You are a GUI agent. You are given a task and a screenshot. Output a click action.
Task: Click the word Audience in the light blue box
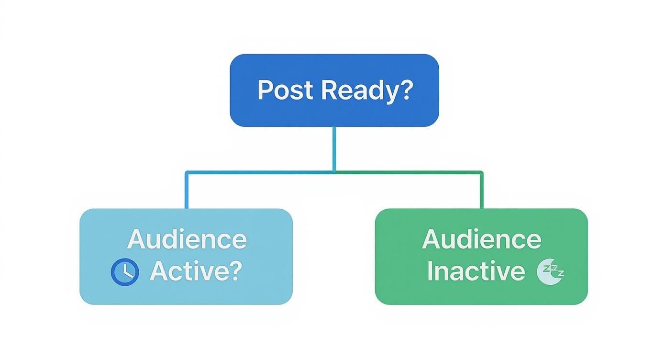(187, 239)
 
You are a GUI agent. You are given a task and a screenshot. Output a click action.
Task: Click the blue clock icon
(125, 272)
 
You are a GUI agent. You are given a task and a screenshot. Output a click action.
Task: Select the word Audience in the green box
(481, 239)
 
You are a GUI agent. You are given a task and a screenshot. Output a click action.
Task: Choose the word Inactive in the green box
(476, 271)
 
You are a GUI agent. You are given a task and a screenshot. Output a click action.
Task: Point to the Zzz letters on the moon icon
(555, 270)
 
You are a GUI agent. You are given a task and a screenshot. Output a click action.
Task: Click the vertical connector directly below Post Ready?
(334, 148)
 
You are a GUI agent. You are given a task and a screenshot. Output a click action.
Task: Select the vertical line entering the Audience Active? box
(186, 191)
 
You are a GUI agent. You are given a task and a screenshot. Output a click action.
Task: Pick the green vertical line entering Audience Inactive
(481, 191)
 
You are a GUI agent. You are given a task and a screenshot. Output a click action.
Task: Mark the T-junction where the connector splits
(334, 171)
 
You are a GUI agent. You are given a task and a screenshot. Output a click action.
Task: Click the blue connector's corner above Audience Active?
(186, 172)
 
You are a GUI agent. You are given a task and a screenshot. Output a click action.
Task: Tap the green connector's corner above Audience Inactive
(481, 172)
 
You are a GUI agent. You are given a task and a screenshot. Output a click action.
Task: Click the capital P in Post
(265, 90)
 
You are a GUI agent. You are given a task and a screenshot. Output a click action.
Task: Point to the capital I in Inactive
(430, 271)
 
